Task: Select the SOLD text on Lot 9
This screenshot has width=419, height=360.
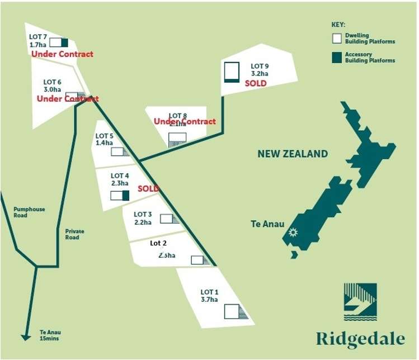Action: coord(256,83)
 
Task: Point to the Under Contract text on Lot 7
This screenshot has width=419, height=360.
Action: coord(62,54)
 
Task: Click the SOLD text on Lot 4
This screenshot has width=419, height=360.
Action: coord(148,189)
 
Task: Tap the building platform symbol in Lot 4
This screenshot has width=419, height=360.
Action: coord(120,196)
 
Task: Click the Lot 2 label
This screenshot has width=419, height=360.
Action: coord(159,244)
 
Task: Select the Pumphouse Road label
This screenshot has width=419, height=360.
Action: coord(29,212)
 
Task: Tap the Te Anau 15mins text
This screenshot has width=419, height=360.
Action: coord(49,334)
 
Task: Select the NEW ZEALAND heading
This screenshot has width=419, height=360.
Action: coord(293,154)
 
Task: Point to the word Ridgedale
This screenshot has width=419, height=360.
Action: coord(360,339)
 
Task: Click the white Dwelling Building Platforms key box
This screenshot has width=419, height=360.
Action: coord(337,39)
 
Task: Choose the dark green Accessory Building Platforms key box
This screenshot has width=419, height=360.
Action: coord(337,57)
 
